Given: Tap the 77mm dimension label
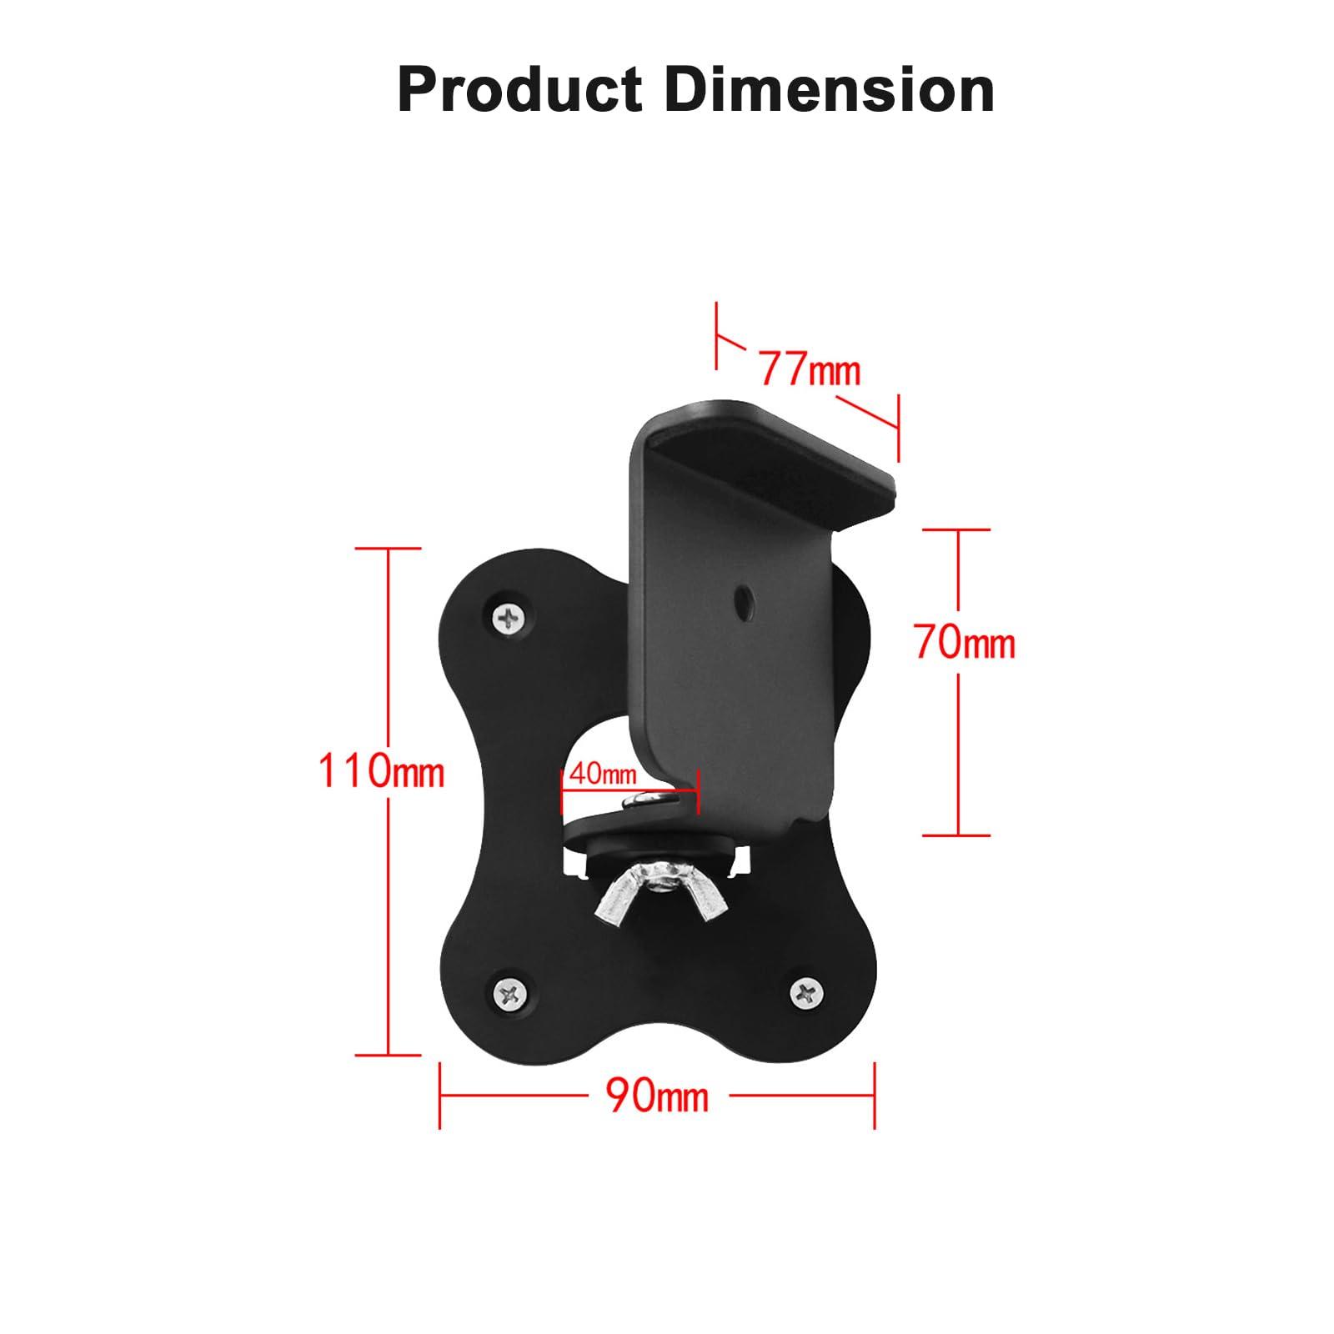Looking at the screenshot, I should pyautogui.click(x=809, y=369).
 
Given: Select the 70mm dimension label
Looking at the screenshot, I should pyautogui.click(x=965, y=644).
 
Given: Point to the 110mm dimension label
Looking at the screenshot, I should pyautogui.click(x=381, y=771).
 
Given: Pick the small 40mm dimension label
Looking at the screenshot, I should pyautogui.click(x=602, y=774).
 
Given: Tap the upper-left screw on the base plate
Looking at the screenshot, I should pyautogui.click(x=510, y=618).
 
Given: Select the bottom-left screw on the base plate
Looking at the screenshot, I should pyautogui.click(x=510, y=993).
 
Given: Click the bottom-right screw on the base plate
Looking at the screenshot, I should pyautogui.click(x=806, y=991).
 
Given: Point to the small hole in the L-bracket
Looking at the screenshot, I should pyautogui.click(x=741, y=597).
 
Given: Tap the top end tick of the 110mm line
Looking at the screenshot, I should pyautogui.click(x=388, y=548).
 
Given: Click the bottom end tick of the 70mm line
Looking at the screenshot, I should pyautogui.click(x=957, y=835).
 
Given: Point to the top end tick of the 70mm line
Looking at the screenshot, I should pyautogui.click(x=957, y=529).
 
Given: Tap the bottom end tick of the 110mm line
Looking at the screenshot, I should pyautogui.click(x=388, y=1055).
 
